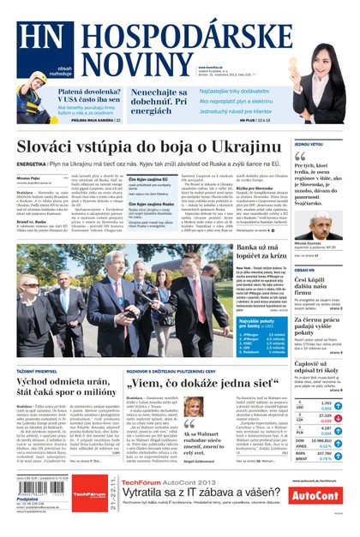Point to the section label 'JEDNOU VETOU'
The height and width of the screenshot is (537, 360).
[x=308, y=144]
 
